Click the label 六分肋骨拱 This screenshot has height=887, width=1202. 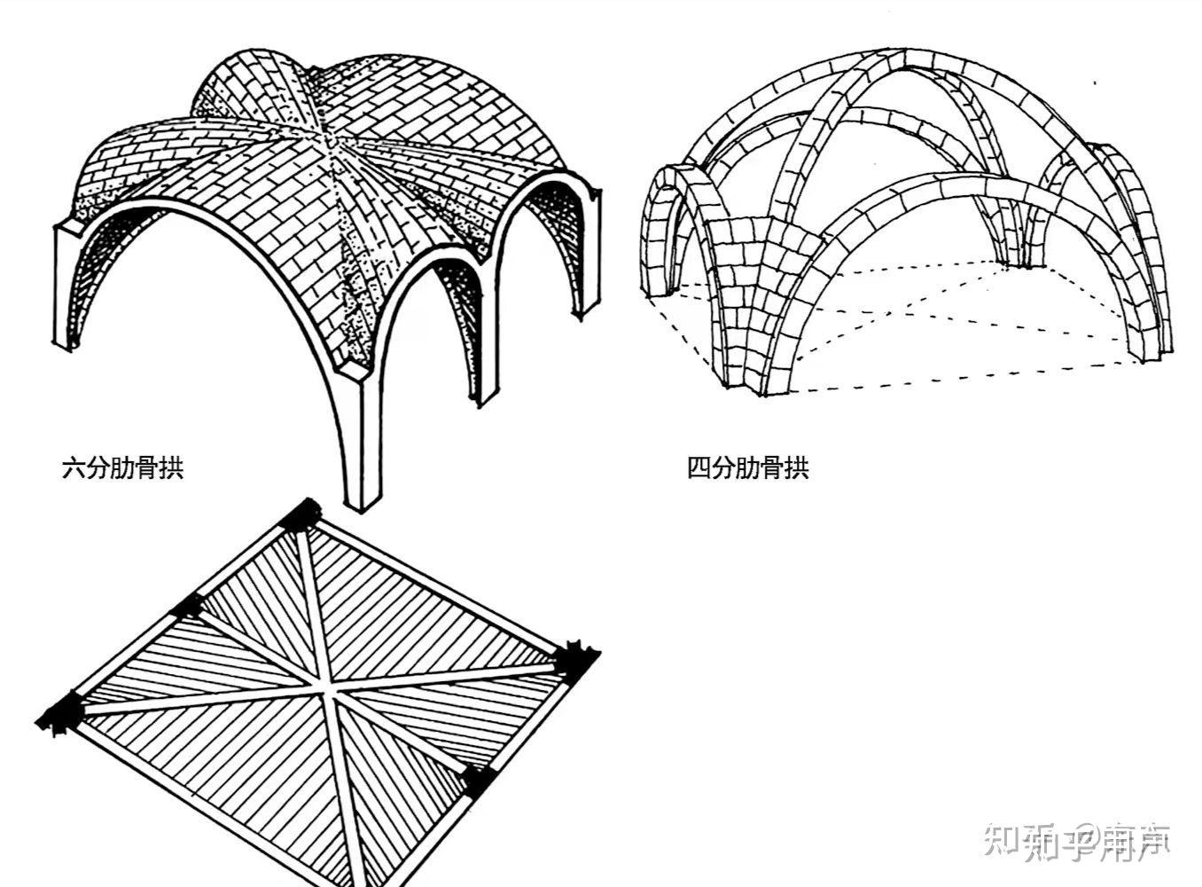click(122, 467)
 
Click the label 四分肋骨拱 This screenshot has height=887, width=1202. click(747, 467)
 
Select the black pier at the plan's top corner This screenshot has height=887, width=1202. click(302, 514)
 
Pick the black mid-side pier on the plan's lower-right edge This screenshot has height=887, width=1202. click(477, 780)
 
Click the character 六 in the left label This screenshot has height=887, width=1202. click(71, 467)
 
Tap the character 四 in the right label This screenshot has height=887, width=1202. click(699, 467)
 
